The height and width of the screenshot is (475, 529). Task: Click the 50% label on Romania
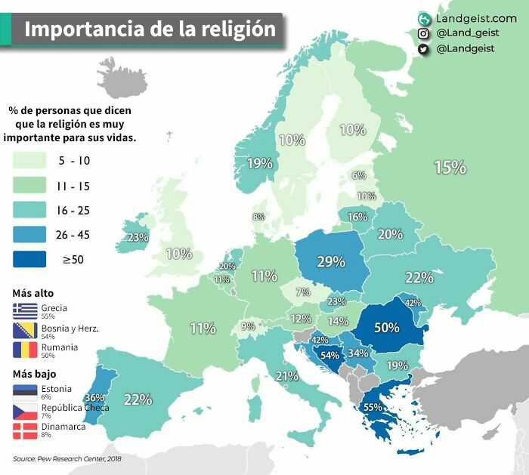tap(386, 328)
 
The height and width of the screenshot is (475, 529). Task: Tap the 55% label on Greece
tap(373, 407)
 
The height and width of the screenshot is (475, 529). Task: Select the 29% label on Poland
tap(331, 262)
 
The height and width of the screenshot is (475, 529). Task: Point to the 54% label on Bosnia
tap(330, 355)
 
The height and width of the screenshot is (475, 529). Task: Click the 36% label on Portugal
tap(94, 398)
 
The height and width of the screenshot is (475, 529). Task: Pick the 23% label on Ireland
tap(138, 237)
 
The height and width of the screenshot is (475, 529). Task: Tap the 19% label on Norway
tap(259, 163)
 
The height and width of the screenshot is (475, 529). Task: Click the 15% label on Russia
tap(450, 168)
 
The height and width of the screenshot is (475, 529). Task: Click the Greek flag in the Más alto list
tap(25, 310)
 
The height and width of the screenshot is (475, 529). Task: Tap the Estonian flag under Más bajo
tap(25, 390)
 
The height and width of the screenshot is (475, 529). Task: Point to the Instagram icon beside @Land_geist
tap(424, 33)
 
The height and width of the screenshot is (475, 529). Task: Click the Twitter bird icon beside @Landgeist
tap(424, 49)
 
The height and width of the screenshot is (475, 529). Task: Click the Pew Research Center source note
tap(67, 458)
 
